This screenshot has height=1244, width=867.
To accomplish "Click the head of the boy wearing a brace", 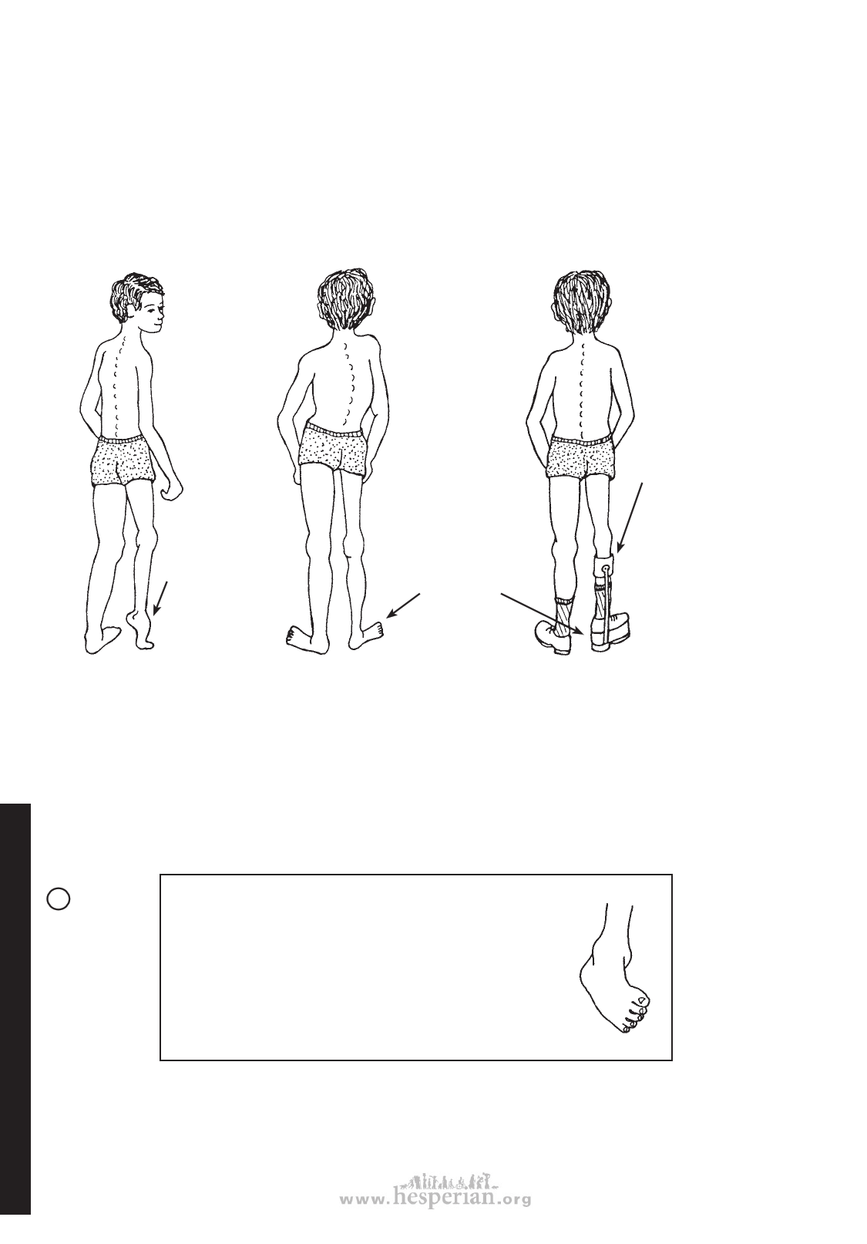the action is [581, 305].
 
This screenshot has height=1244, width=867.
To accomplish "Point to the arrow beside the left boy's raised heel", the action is [160, 598].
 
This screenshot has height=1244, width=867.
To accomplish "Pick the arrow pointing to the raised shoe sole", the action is [543, 614].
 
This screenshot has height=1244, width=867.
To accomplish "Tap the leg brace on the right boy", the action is [604, 602].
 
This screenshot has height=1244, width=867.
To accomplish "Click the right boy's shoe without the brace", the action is [554, 636].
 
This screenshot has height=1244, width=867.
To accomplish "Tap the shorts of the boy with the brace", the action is [581, 457].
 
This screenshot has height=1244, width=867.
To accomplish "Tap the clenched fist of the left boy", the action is [172, 491].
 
